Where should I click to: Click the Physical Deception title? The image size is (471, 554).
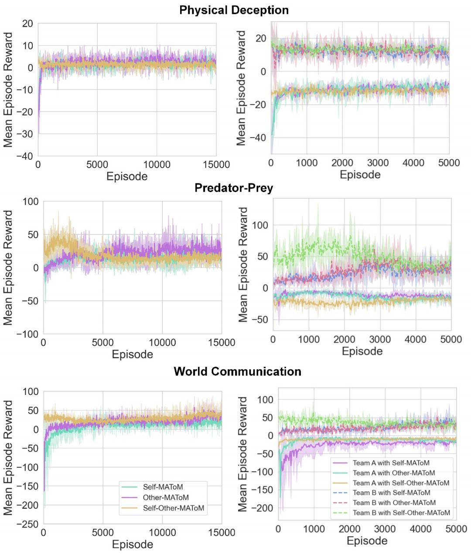234,10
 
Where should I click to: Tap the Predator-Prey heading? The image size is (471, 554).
234,188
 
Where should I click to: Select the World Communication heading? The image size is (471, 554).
237,372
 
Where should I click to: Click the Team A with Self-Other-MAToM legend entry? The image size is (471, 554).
401,483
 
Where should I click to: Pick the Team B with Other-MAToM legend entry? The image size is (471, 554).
394,503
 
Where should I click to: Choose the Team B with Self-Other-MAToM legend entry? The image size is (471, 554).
401,513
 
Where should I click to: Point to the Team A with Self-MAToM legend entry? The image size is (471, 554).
391,463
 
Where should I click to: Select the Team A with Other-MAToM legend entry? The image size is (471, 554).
394,473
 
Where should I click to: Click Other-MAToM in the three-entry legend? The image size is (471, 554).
166,497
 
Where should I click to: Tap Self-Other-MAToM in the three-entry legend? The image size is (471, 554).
173,508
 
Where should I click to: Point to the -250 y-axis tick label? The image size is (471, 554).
27,524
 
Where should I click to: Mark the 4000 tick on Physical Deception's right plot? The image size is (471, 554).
413,163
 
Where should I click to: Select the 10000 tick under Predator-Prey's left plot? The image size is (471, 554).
162,343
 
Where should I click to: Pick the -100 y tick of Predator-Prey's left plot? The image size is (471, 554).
27,334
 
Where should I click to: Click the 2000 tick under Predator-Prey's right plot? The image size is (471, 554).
344,340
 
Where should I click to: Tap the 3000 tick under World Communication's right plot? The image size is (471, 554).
385,529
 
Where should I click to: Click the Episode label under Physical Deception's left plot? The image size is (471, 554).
127,176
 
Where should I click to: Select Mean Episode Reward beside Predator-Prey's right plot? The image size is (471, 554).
243,264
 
